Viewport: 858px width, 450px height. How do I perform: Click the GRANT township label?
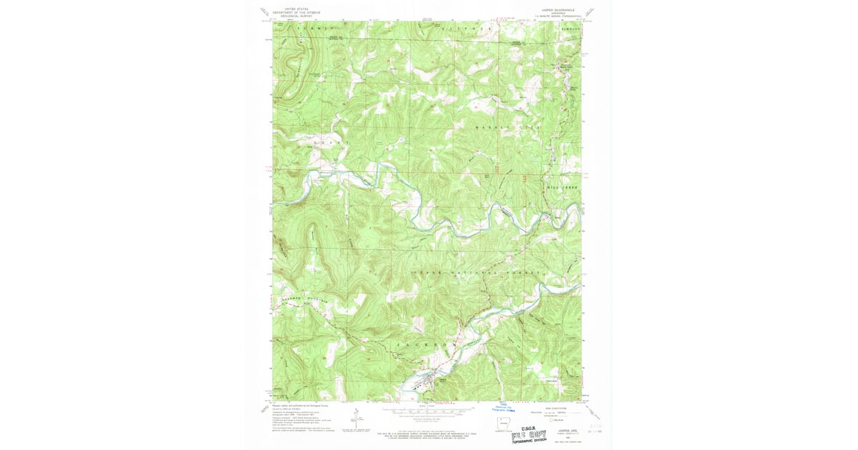coord(323,143)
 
